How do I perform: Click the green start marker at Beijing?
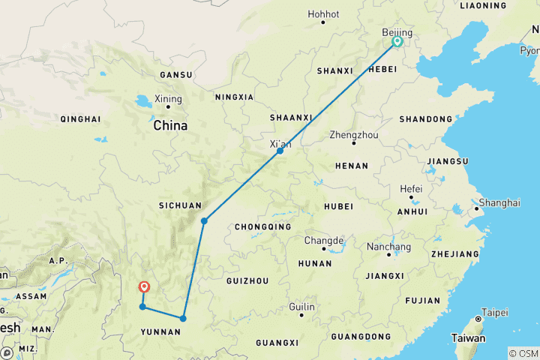tap(397, 42)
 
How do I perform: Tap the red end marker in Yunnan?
tap(143, 286)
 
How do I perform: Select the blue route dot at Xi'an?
tap(280, 151)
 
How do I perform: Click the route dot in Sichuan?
tap(204, 220)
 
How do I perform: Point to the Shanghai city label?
tap(499, 202)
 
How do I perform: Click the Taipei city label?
tap(493, 311)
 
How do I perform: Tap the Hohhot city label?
tap(323, 13)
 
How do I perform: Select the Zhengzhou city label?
tap(354, 135)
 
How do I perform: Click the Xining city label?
tap(167, 98)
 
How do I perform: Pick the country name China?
tap(170, 126)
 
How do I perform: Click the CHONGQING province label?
tap(262, 226)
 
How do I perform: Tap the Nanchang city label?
tap(388, 247)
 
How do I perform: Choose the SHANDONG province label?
tap(425, 119)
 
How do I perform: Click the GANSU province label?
tap(175, 75)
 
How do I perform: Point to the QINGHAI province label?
tap(80, 119)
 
